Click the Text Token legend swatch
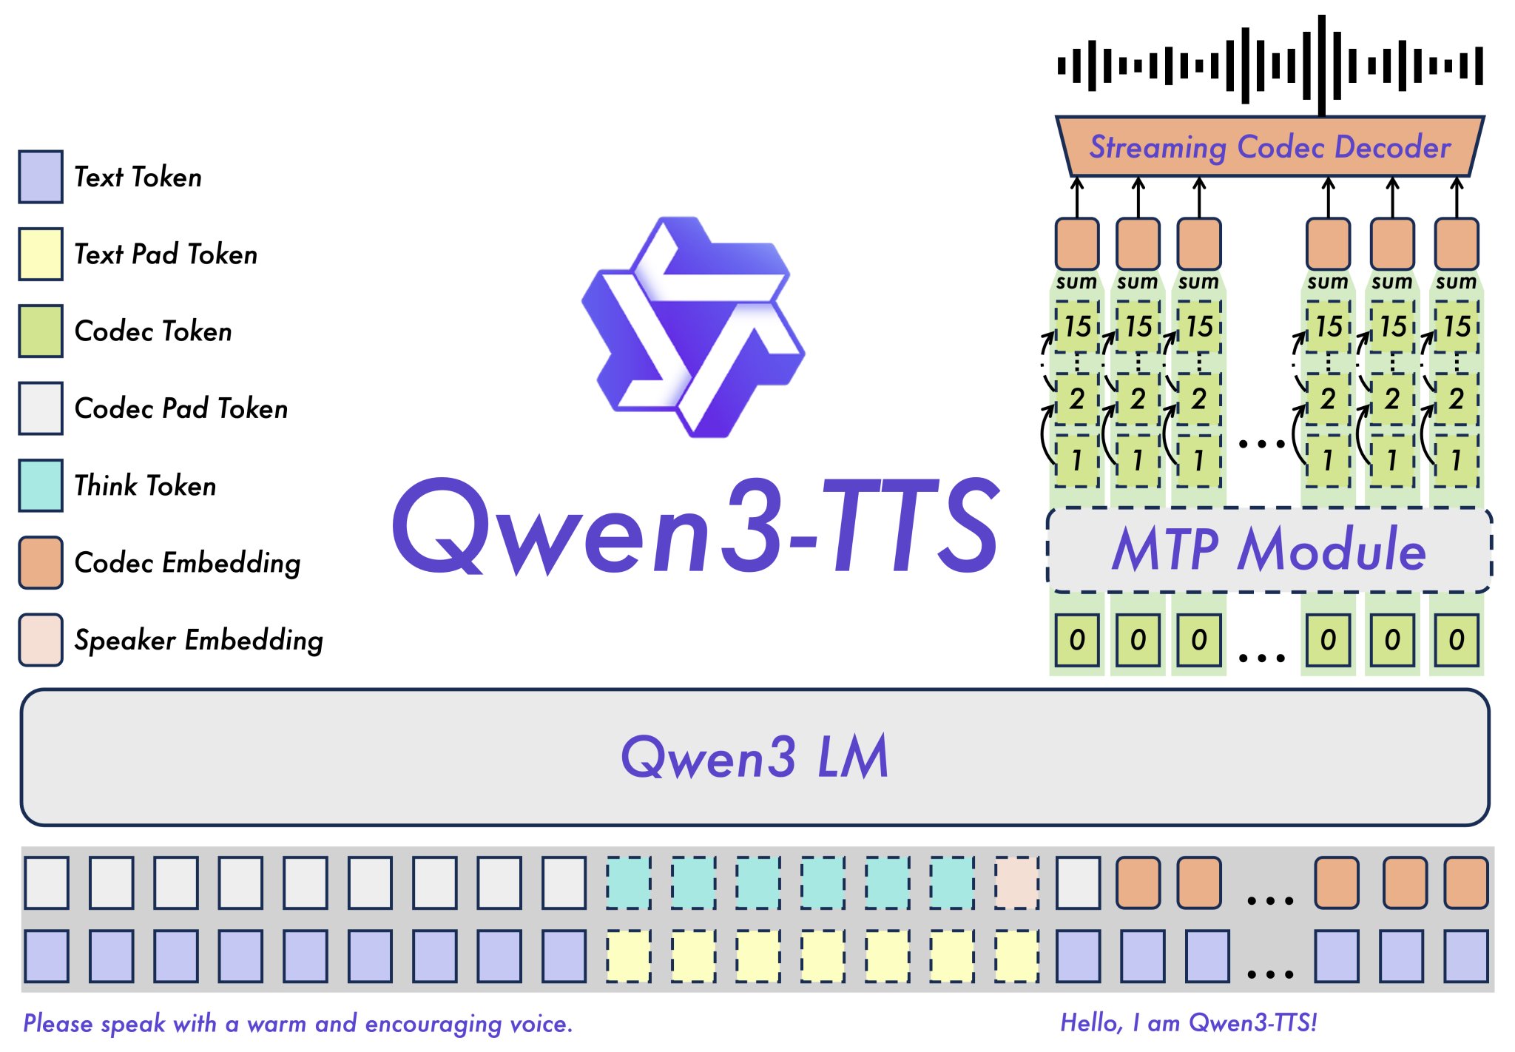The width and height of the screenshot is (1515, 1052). coord(41,177)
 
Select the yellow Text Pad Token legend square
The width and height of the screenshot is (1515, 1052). coord(41,254)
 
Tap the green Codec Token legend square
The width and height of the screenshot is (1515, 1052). coord(41,331)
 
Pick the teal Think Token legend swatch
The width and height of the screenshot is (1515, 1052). coord(41,485)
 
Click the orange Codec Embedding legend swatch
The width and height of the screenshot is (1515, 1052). coord(41,562)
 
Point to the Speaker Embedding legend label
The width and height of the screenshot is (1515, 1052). coord(198,640)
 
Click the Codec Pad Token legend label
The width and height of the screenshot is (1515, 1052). coord(181,408)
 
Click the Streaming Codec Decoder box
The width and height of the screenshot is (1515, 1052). coord(1269,146)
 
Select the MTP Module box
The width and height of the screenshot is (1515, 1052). coord(1269,550)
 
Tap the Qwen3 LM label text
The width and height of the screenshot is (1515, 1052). coord(755,757)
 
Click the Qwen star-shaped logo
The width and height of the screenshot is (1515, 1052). coord(693,326)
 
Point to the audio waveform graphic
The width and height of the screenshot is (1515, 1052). coord(1269,65)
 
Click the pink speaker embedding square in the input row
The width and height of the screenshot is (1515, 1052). coord(1017,883)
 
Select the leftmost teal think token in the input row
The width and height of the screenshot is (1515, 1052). coord(629,883)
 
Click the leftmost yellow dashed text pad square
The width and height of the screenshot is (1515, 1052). coord(629,956)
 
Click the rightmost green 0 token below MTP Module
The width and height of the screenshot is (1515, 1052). coord(1456,640)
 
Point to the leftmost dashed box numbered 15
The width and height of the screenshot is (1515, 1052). coord(1077,326)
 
